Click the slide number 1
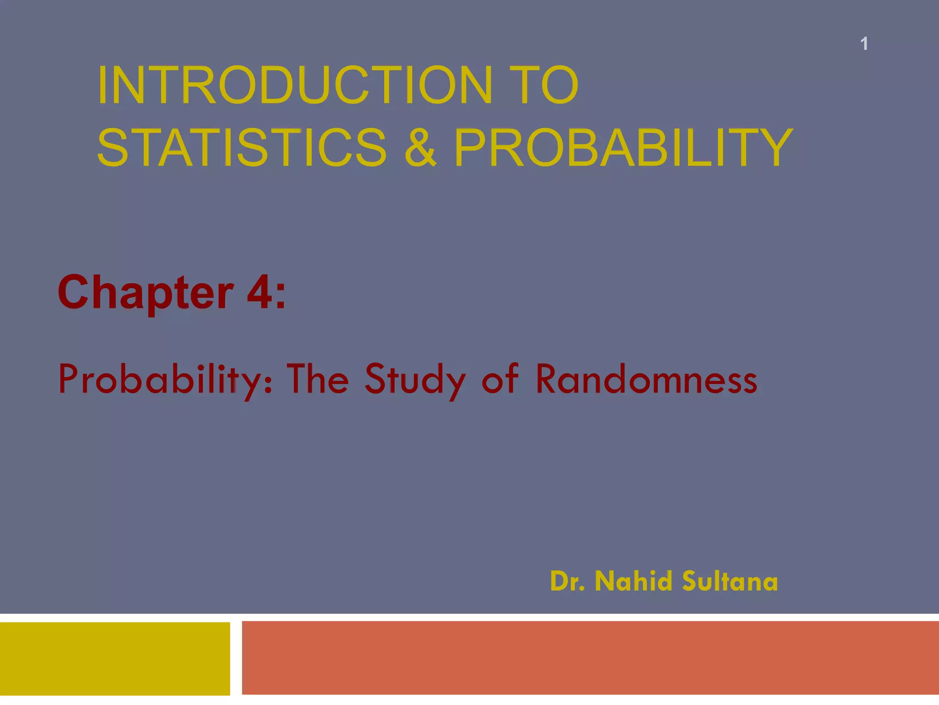coord(864,44)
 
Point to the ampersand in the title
coord(420,148)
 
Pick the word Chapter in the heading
coord(146,293)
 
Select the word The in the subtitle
coord(317,379)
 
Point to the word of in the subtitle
coord(500,379)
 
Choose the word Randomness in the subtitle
coord(646,379)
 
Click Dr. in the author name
coord(567,581)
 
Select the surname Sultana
coord(730,581)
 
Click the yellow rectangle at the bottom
coord(115,658)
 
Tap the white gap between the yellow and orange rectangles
coord(236,658)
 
